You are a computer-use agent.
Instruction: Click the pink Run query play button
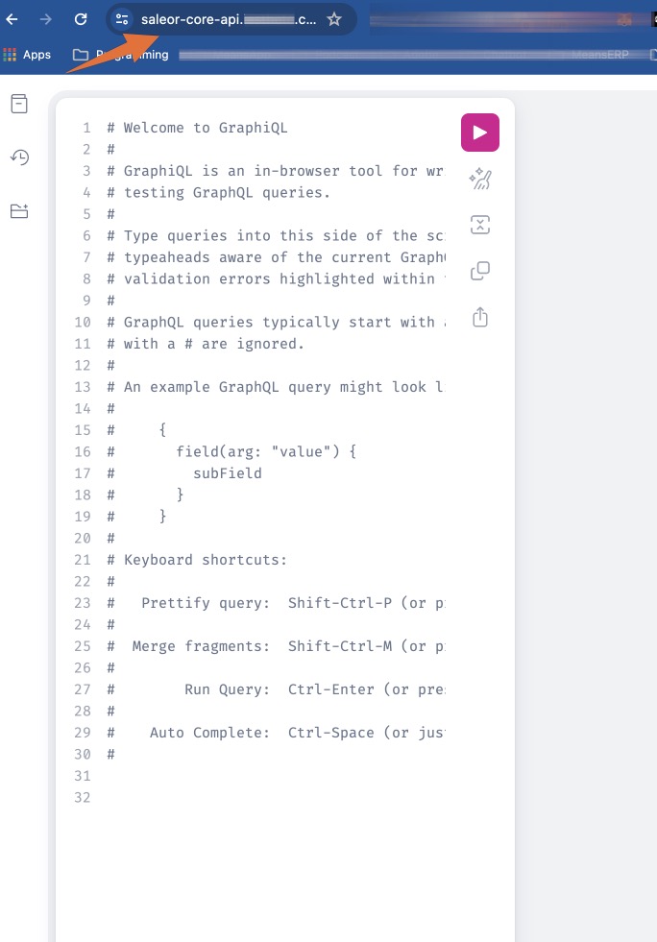pyautogui.click(x=480, y=133)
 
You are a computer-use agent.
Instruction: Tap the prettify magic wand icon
pyautogui.click(x=480, y=178)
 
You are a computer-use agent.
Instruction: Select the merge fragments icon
pyautogui.click(x=480, y=225)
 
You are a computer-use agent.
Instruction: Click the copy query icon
pyautogui.click(x=480, y=271)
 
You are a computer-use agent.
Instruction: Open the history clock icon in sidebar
pyautogui.click(x=19, y=157)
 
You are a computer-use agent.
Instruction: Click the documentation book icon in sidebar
pyautogui.click(x=19, y=104)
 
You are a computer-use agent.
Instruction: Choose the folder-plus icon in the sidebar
pyautogui.click(x=19, y=211)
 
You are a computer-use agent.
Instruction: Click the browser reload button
pyautogui.click(x=81, y=18)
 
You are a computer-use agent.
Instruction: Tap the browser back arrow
pyautogui.click(x=12, y=18)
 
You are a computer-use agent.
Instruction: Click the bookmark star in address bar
pyautogui.click(x=333, y=18)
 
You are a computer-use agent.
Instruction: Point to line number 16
pyautogui.click(x=83, y=451)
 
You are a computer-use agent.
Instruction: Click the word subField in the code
pyautogui.click(x=227, y=473)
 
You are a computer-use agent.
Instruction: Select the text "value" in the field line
pyautogui.click(x=301, y=451)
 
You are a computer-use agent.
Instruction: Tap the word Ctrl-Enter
pyautogui.click(x=330, y=689)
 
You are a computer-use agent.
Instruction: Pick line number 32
pyautogui.click(x=83, y=797)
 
